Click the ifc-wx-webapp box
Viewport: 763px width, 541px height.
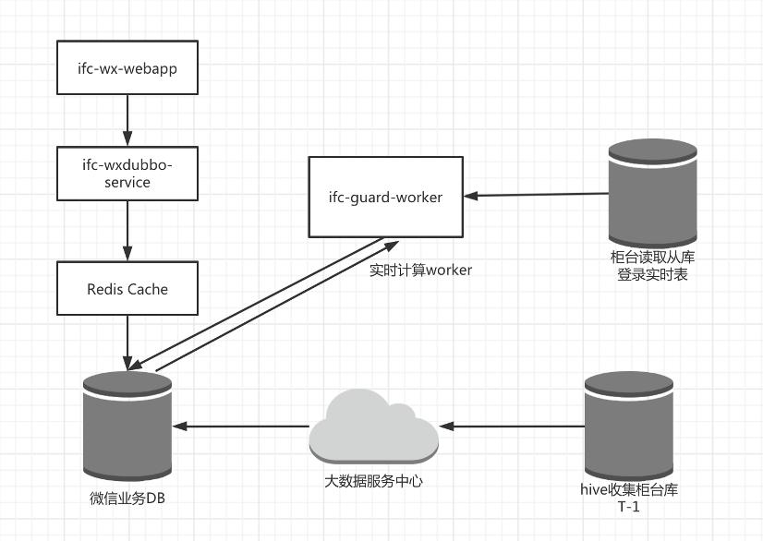click(x=127, y=66)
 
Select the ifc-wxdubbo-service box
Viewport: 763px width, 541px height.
click(x=127, y=173)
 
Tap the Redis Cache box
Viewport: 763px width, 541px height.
click(x=127, y=288)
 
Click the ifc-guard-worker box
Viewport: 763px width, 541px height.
click(x=385, y=197)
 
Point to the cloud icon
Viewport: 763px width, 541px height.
click(x=373, y=427)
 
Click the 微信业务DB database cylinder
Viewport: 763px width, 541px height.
click(x=127, y=425)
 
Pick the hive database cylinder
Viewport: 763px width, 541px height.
click(x=629, y=425)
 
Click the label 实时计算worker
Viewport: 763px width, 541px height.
click(x=420, y=270)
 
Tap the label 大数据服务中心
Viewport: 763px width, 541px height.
click(x=373, y=480)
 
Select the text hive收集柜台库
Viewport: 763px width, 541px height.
click(x=628, y=489)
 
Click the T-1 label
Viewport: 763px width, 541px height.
click(x=628, y=507)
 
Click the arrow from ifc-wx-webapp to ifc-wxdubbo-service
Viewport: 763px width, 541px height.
click(x=127, y=120)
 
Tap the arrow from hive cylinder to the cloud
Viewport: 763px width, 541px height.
click(x=513, y=427)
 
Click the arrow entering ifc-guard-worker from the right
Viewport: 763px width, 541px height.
click(x=536, y=195)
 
